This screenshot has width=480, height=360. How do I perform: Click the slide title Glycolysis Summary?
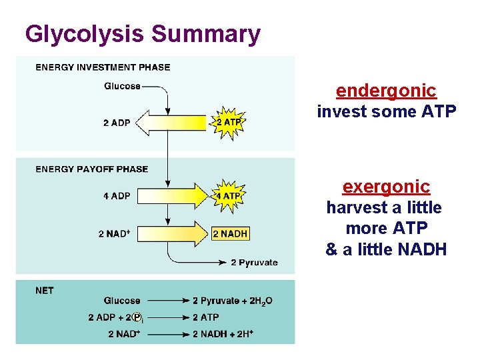[142, 34]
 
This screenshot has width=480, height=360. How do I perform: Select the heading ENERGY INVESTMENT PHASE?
[103, 67]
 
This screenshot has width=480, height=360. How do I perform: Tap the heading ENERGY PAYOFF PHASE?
[92, 169]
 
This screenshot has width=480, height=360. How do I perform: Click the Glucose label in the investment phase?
[122, 86]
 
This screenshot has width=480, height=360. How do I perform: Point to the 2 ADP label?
[117, 123]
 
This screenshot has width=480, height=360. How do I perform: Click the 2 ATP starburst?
[229, 122]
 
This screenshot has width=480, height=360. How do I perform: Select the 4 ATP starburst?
[229, 196]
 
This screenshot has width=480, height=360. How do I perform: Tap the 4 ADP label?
[117, 197]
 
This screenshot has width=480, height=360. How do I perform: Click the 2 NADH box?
[229, 233]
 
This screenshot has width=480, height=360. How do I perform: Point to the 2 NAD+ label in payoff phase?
[114, 234]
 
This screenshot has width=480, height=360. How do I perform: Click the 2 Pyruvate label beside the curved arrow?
[254, 263]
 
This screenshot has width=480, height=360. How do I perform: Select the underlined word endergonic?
[386, 91]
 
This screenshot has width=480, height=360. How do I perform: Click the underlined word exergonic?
[386, 186]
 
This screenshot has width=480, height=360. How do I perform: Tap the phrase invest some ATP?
[386, 112]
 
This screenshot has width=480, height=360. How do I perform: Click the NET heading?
[45, 291]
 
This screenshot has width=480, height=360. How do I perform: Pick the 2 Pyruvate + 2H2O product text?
[232, 301]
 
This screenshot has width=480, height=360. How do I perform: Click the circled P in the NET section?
[137, 317]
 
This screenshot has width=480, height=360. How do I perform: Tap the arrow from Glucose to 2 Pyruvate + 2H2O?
[165, 301]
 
